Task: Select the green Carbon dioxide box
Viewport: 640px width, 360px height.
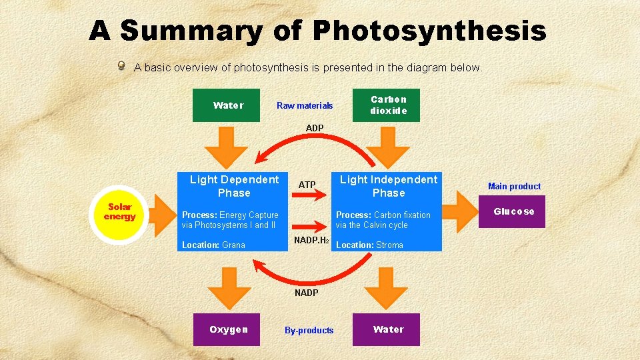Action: pyautogui.click(x=388, y=105)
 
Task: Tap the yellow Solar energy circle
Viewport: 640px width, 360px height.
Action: pyautogui.click(x=120, y=213)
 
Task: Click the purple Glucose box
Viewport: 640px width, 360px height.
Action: pyautogui.click(x=513, y=211)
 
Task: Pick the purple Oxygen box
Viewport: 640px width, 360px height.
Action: pyautogui.click(x=227, y=329)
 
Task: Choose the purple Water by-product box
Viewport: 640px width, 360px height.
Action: pyautogui.click(x=387, y=329)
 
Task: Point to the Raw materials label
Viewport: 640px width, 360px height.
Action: pyautogui.click(x=305, y=105)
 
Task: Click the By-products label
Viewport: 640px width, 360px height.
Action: pyautogui.click(x=309, y=330)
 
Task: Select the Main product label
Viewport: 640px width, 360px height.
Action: pyautogui.click(x=514, y=186)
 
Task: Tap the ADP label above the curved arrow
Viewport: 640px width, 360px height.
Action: pyautogui.click(x=315, y=128)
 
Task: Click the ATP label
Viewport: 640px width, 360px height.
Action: pyautogui.click(x=307, y=185)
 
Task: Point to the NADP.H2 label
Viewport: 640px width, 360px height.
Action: pyautogui.click(x=311, y=240)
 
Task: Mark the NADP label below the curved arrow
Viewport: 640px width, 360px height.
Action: pyautogui.click(x=307, y=293)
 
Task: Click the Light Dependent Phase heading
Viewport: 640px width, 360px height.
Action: pyautogui.click(x=234, y=186)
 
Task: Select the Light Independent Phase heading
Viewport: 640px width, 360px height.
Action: pyautogui.click(x=389, y=186)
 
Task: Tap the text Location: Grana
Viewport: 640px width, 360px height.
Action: pyautogui.click(x=213, y=245)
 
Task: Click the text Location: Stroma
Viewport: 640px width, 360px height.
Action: pyautogui.click(x=369, y=245)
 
